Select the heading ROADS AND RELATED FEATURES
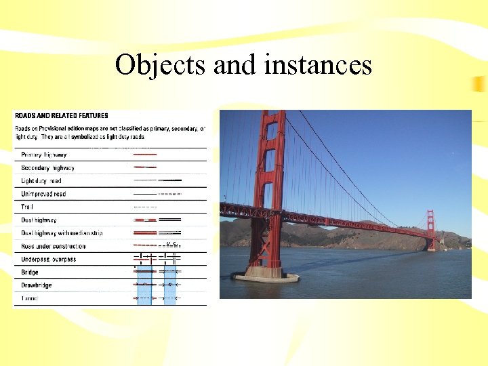tap(61, 116)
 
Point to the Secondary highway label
tap(47, 167)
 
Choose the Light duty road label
tap(41, 181)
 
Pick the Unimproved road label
tap(43, 194)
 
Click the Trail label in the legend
tap(27, 207)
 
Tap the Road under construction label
tap(53, 246)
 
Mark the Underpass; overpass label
tap(48, 259)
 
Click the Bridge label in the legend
tap(30, 272)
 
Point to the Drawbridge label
tap(36, 285)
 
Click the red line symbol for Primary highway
tap(145, 155)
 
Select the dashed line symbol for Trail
tap(145, 207)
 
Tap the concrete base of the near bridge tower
tap(265, 276)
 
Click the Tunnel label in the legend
tap(30, 298)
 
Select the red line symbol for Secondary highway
tap(145, 167)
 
